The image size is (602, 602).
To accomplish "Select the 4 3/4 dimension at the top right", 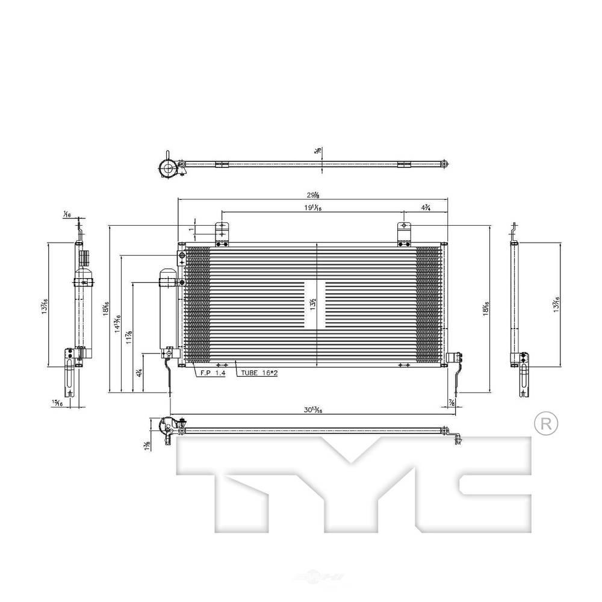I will click(x=424, y=208).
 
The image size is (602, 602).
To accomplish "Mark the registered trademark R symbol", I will click(x=546, y=424).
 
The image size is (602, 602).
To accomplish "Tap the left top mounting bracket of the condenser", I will click(x=223, y=234).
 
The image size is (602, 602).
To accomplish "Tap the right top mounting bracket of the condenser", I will click(x=404, y=234).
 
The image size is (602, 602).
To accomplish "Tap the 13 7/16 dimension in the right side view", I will click(x=557, y=304).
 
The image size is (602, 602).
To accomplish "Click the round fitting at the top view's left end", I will click(x=167, y=167).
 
